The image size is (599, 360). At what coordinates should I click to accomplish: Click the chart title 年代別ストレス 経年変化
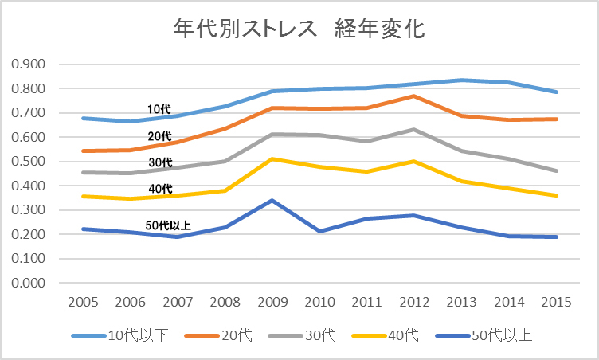tap(299, 29)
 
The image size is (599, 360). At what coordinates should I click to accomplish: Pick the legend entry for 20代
tap(236, 335)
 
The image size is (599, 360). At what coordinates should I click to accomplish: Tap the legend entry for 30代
tap(319, 335)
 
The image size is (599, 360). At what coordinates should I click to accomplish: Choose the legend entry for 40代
tap(403, 335)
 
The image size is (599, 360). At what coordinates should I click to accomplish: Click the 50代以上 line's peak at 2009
tap(272, 200)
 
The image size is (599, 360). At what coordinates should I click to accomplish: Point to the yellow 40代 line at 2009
tap(272, 159)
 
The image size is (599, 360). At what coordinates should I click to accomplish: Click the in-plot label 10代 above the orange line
tap(159, 108)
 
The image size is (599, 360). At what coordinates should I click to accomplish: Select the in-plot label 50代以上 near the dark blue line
tap(168, 225)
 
